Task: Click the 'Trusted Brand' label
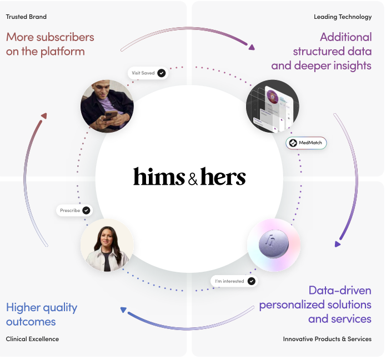[x=26, y=17]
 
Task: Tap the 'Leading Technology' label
[x=343, y=17]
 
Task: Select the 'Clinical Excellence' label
[x=32, y=339]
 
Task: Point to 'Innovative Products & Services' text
[x=327, y=339]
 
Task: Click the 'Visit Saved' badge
[x=148, y=73]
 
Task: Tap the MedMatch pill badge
[x=306, y=143]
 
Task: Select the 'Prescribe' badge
[x=74, y=210]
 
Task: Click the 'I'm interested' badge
[x=234, y=281]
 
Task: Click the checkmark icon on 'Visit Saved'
[x=162, y=73]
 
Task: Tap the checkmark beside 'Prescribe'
[x=86, y=210]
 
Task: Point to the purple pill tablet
[x=273, y=244]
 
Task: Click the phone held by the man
[x=110, y=115]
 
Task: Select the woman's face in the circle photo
[x=107, y=237]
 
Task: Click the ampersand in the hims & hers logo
[x=193, y=179]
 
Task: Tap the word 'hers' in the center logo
[x=223, y=176]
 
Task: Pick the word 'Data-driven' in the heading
[x=340, y=291]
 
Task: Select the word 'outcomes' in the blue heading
[x=31, y=322]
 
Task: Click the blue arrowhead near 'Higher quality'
[x=123, y=310]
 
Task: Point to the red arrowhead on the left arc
[x=44, y=116]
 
